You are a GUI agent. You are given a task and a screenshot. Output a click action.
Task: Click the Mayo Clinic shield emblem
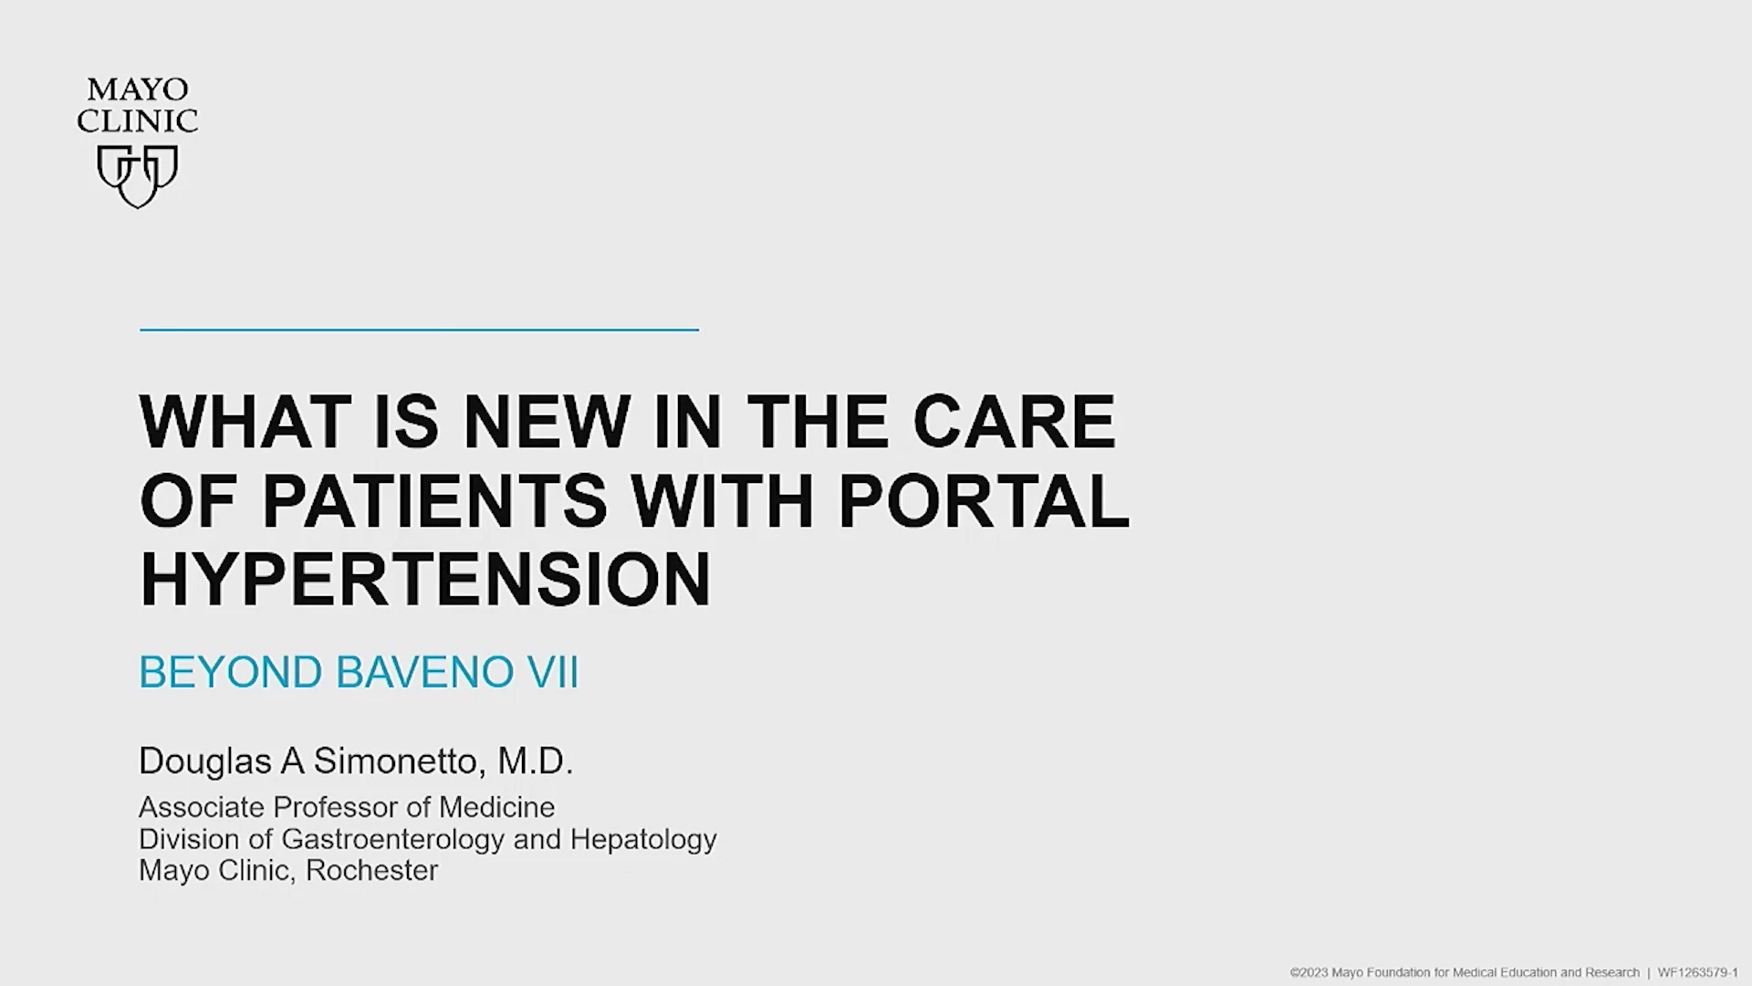point(138,176)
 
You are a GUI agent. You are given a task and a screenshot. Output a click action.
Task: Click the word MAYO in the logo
point(138,89)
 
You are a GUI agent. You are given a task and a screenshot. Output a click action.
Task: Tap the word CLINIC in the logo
point(138,121)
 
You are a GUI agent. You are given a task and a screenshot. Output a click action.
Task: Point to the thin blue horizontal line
point(419,330)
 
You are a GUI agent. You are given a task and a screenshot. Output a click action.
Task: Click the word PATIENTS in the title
point(434,500)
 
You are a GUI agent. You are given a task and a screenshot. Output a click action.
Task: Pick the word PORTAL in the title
point(984,500)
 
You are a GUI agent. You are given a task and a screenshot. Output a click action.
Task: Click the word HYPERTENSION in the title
point(425,579)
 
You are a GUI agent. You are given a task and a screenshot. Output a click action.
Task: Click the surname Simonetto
point(395,761)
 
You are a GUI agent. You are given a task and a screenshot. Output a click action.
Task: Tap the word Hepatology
point(643,839)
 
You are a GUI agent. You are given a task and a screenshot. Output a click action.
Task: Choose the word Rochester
point(371,870)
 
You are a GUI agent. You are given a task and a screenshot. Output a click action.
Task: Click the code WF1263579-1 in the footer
point(1697,973)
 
